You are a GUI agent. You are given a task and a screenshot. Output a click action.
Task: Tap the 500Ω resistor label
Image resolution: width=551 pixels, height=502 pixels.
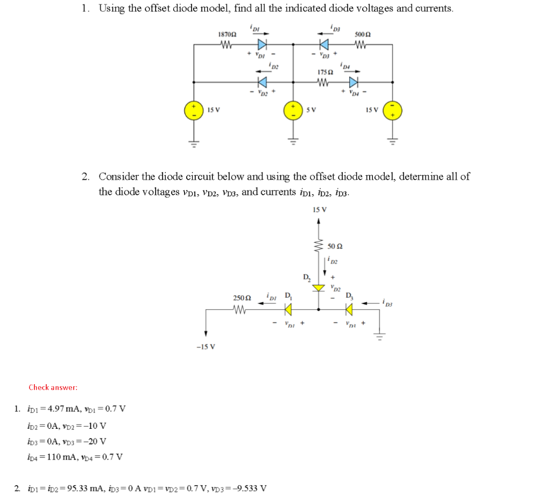click(362, 35)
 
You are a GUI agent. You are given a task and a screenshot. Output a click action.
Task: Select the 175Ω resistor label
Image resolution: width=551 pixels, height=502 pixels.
click(323, 72)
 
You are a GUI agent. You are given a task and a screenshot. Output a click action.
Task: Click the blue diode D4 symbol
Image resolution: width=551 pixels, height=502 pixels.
click(354, 82)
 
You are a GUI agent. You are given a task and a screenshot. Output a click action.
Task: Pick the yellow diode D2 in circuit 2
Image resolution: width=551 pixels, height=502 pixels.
click(319, 288)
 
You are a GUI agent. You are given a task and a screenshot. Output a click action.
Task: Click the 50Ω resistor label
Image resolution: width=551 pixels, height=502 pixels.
click(335, 247)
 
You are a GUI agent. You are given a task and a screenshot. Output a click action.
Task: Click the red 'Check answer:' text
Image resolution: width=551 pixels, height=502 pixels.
click(53, 387)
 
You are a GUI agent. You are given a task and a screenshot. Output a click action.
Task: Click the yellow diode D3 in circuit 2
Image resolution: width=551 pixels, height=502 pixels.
click(350, 309)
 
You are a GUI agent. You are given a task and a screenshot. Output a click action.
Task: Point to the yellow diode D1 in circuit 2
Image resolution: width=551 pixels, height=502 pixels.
click(288, 309)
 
